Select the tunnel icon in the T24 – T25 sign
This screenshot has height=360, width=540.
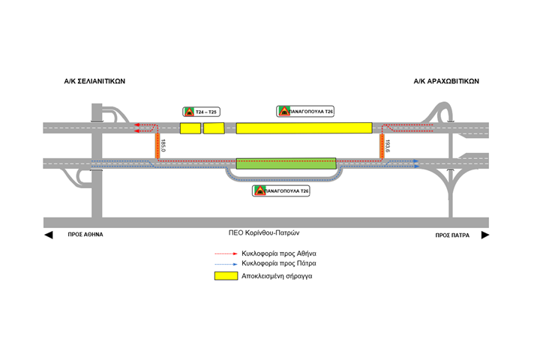click(190, 112)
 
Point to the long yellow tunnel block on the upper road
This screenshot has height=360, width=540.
click(304, 128)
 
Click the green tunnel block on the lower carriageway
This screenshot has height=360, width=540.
click(286, 163)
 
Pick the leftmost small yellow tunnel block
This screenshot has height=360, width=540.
click(190, 128)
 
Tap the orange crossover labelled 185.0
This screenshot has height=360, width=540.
click(158, 146)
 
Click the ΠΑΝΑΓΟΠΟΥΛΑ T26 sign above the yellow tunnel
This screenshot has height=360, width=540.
click(305, 111)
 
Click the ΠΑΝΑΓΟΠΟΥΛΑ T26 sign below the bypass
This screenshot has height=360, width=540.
click(281, 191)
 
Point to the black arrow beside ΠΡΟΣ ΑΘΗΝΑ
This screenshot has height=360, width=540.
click(49, 235)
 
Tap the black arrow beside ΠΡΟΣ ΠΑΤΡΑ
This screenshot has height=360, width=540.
click(484, 235)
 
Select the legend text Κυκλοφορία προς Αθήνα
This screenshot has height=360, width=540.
click(279, 253)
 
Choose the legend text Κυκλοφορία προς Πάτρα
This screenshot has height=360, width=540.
click(278, 264)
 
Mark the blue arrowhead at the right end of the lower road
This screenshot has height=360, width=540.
click(415, 161)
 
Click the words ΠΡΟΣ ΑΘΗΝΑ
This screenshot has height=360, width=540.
click(85, 235)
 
